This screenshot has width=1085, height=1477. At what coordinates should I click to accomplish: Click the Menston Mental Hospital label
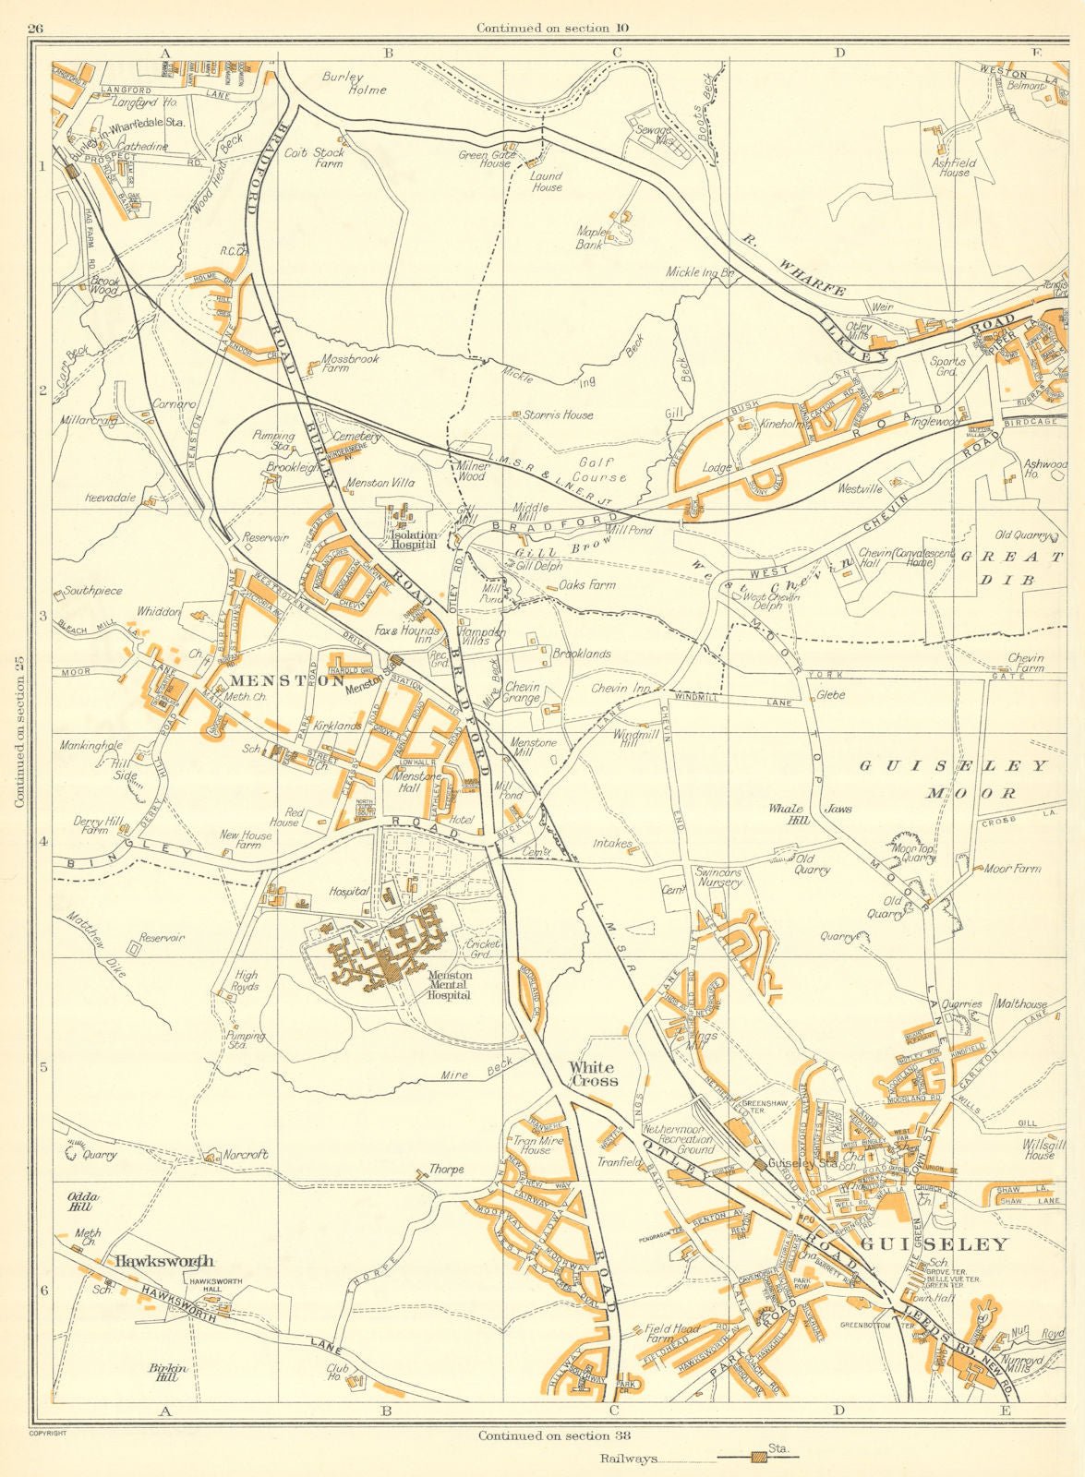(450, 985)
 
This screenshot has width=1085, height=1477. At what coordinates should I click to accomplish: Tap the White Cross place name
(592, 1074)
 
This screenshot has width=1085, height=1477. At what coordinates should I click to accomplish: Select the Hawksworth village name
(163, 1261)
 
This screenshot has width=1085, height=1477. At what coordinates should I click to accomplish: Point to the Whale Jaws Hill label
(809, 812)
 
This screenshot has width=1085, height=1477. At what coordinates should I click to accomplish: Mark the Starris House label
(557, 415)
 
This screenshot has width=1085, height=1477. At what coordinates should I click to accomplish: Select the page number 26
(35, 28)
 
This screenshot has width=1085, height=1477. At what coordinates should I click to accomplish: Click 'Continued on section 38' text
(545, 1435)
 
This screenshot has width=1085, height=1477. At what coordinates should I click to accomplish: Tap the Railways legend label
(628, 1459)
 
